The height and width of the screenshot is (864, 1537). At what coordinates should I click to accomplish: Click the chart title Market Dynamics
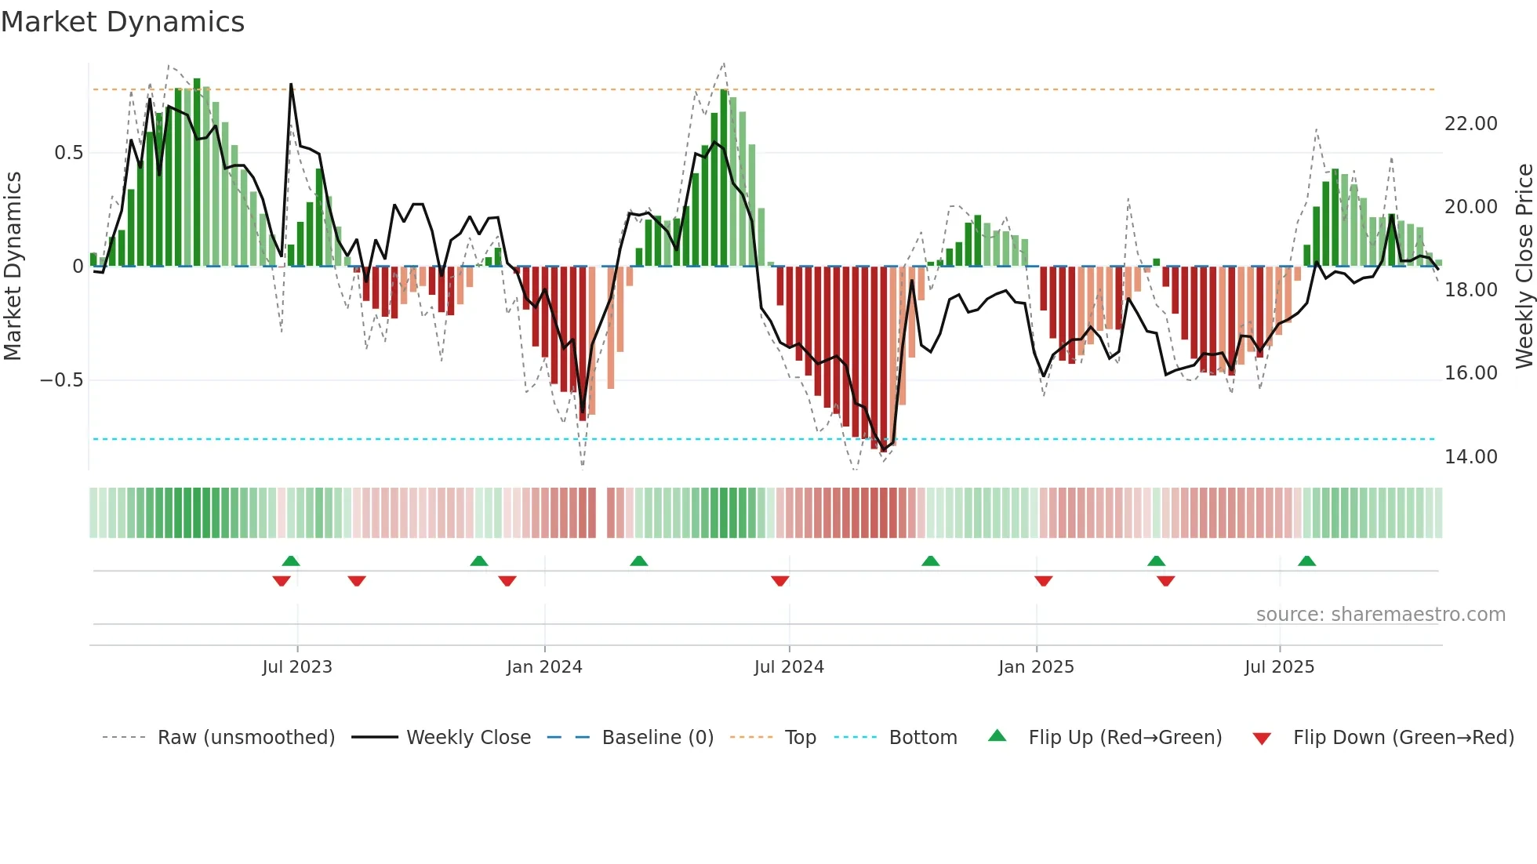(x=122, y=22)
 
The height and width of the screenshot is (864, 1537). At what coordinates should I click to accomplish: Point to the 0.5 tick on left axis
(x=68, y=153)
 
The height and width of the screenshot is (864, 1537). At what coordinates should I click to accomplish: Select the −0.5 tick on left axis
(x=61, y=380)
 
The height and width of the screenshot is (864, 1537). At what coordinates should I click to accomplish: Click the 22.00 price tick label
(x=1470, y=124)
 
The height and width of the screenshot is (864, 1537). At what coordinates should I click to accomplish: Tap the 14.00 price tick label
(x=1470, y=457)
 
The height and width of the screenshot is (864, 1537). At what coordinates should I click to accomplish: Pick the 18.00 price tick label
(x=1470, y=290)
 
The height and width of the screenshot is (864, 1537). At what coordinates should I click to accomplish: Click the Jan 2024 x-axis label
(x=544, y=667)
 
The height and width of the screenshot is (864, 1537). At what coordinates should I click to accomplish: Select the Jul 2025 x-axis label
(x=1279, y=667)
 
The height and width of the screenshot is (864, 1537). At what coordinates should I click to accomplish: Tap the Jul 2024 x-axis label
(x=789, y=667)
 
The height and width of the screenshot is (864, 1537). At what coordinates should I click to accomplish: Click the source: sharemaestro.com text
(x=1380, y=615)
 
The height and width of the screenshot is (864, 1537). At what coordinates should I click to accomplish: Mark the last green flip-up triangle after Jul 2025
(x=1306, y=561)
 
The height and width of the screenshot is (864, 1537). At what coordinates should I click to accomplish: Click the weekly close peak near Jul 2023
(x=291, y=85)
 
